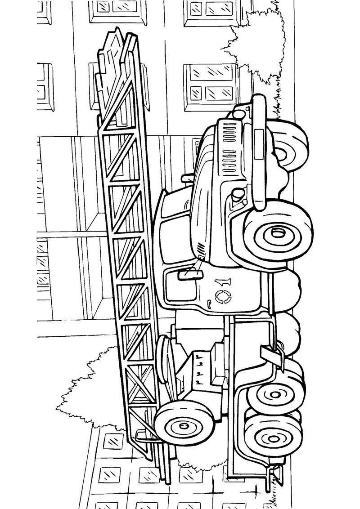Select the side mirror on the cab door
coord(190,274)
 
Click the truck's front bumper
coord(259,152)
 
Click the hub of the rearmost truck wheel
coord(273,438)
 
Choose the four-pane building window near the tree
coord(211,82)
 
